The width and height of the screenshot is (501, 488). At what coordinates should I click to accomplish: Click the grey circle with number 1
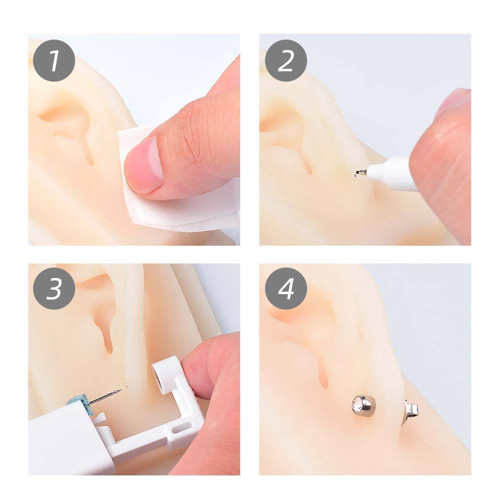pyautogui.click(x=54, y=61)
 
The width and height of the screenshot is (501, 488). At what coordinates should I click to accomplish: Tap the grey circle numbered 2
pyautogui.click(x=286, y=61)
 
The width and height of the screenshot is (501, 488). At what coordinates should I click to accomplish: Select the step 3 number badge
pyautogui.click(x=54, y=289)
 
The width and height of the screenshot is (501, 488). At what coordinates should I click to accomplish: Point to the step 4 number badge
pyautogui.click(x=286, y=289)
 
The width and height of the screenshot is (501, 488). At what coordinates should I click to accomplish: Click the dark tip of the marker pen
pyautogui.click(x=360, y=173)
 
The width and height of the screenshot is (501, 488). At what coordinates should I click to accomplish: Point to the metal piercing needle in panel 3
pyautogui.click(x=105, y=396)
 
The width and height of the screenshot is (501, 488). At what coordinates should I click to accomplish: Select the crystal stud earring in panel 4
pyautogui.click(x=364, y=404)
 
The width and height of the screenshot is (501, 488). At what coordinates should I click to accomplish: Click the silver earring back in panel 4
pyautogui.click(x=411, y=411)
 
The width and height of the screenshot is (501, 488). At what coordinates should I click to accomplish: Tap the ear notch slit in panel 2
pyautogui.click(x=307, y=162)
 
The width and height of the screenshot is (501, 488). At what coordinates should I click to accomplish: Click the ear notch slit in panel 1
pyautogui.click(x=89, y=150)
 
